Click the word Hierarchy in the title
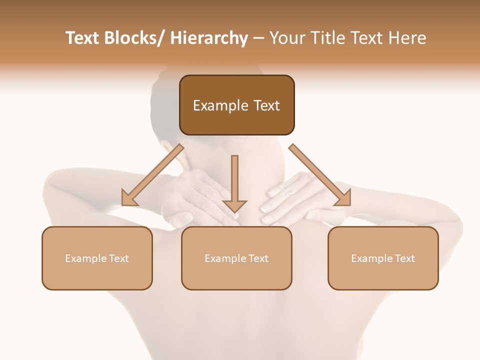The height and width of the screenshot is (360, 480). click(208, 38)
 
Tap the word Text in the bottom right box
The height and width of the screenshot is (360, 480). click(405, 258)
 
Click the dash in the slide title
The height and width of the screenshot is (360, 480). click(258, 38)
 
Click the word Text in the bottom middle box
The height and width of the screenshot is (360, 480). click(258, 258)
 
